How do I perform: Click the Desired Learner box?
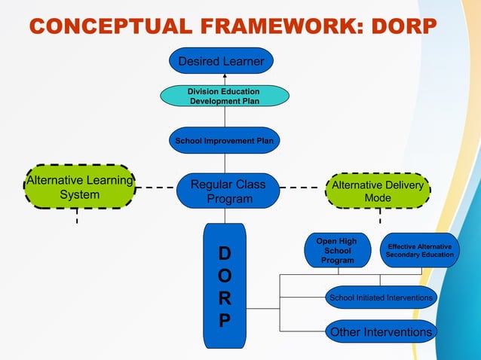click(x=220, y=61)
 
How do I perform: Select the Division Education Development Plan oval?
click(x=224, y=96)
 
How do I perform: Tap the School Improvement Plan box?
click(x=224, y=140)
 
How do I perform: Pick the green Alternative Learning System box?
click(x=79, y=187)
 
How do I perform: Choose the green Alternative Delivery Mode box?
click(x=377, y=191)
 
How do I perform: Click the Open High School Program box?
click(x=337, y=251)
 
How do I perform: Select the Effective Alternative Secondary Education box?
click(x=419, y=251)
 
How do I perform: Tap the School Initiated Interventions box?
click(x=381, y=298)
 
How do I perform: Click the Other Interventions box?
click(x=381, y=332)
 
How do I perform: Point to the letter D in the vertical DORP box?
click(x=225, y=252)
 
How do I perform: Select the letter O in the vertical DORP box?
click(x=225, y=275)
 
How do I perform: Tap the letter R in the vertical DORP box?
click(x=225, y=298)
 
